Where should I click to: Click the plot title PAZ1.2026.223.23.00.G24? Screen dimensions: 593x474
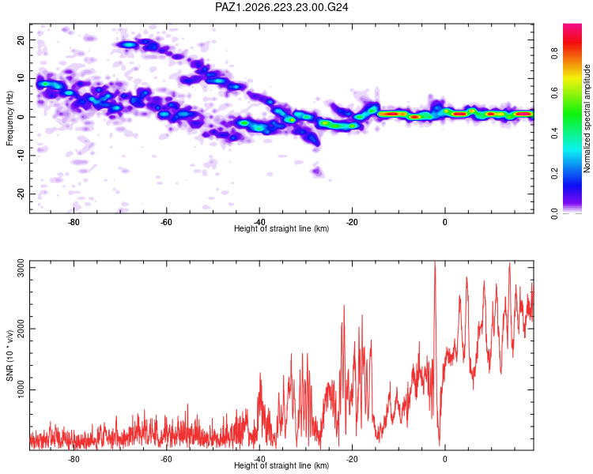(x=281, y=7)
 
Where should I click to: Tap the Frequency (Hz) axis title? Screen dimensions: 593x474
(x=9, y=118)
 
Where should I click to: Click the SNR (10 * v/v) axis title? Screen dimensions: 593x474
(x=9, y=355)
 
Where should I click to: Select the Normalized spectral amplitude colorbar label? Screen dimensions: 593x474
(x=587, y=118)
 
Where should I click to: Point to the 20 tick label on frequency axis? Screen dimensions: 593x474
(x=21, y=39)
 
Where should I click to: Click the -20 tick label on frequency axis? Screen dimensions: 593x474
(x=21, y=194)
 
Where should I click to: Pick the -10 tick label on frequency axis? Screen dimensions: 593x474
(x=21, y=156)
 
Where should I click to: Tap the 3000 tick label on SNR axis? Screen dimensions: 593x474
(x=21, y=268)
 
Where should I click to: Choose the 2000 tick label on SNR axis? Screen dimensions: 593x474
(x=21, y=329)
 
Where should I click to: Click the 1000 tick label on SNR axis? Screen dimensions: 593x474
(x=21, y=389)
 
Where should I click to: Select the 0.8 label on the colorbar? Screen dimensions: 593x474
(x=554, y=53)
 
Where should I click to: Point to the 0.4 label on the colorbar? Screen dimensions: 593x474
(x=554, y=133)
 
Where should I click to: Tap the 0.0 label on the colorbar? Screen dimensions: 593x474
(x=554, y=213)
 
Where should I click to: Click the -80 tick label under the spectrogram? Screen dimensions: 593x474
(x=74, y=222)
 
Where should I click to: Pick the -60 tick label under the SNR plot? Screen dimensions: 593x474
(x=166, y=459)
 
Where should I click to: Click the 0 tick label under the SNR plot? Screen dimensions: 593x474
(x=444, y=459)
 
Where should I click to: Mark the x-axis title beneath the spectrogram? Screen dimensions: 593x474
(x=281, y=228)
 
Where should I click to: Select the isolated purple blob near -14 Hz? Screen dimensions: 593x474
(x=317, y=171)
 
